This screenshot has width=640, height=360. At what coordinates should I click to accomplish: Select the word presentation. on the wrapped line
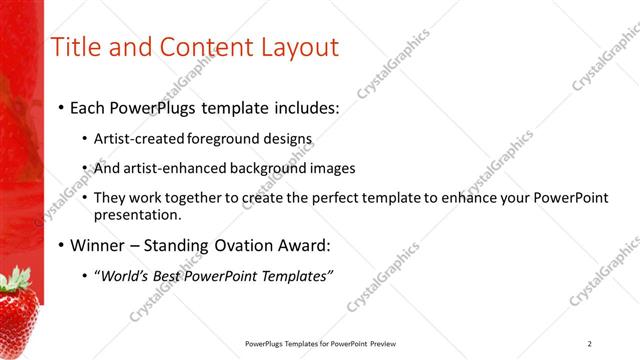[x=137, y=214]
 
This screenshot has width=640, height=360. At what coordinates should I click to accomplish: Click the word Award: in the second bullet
[x=301, y=245]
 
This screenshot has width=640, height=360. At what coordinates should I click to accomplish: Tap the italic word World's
[x=124, y=276]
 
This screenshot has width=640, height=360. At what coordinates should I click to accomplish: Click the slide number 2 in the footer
[x=590, y=344]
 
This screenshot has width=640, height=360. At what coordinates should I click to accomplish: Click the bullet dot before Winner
[x=61, y=246]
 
